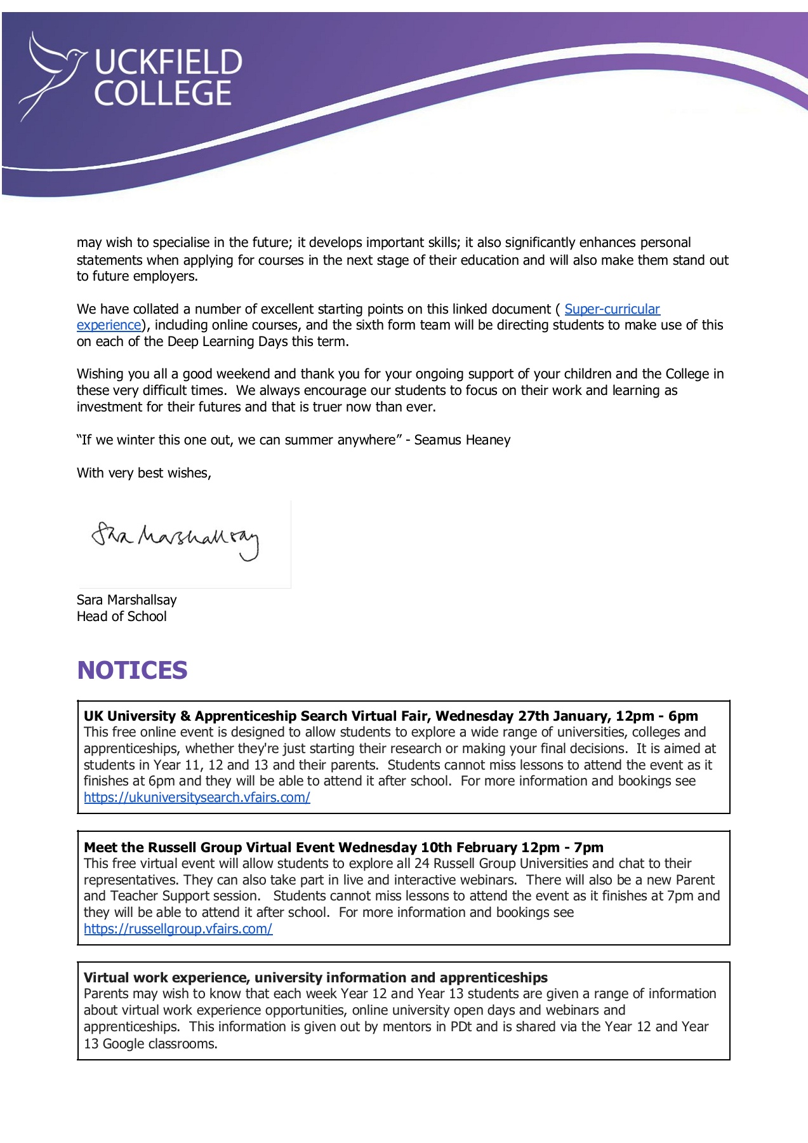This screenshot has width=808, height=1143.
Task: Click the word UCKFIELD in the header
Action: click(168, 63)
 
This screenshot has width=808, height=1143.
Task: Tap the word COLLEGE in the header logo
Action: click(163, 93)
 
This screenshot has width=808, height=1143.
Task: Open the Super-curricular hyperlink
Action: click(612, 309)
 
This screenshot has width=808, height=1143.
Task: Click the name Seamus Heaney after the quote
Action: click(462, 440)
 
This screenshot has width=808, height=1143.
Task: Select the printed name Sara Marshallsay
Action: click(127, 600)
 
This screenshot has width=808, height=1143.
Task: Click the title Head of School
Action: click(122, 617)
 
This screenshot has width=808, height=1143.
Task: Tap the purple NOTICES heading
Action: click(132, 671)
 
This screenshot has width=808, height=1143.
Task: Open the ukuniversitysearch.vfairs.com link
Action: click(197, 798)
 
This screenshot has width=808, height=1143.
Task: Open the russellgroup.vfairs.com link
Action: click(178, 929)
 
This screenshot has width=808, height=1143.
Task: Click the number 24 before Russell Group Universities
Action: click(422, 864)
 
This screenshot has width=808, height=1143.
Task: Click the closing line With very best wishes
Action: click(144, 473)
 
